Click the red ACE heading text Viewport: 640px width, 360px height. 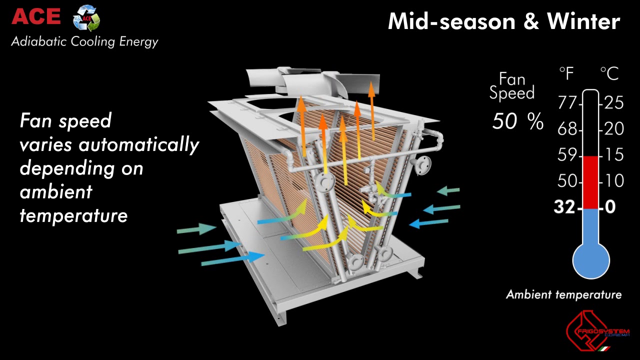(36, 16)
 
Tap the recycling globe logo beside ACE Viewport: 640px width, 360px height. (86, 18)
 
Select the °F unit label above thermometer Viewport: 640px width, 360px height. (567, 74)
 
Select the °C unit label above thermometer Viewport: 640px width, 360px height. (609, 74)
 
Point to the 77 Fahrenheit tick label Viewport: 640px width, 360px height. (567, 104)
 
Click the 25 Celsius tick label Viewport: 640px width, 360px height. (614, 103)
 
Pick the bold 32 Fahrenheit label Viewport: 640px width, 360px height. (564, 206)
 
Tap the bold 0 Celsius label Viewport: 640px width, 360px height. (610, 206)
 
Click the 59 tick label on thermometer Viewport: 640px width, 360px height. (567, 155)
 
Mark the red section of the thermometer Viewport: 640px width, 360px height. (591, 182)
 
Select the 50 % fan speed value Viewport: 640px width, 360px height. (517, 121)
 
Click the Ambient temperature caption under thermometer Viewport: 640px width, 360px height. (563, 294)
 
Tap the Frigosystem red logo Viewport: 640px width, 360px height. (595, 331)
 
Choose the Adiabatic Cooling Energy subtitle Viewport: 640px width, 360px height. (84, 41)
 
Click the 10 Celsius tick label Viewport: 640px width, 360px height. (614, 180)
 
